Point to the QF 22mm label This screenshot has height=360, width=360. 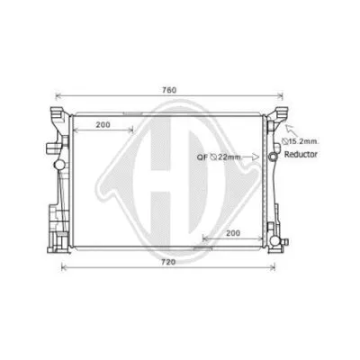(x=219, y=157)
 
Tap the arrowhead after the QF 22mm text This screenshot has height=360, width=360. (x=256, y=157)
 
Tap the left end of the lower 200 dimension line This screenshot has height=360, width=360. (x=203, y=238)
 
